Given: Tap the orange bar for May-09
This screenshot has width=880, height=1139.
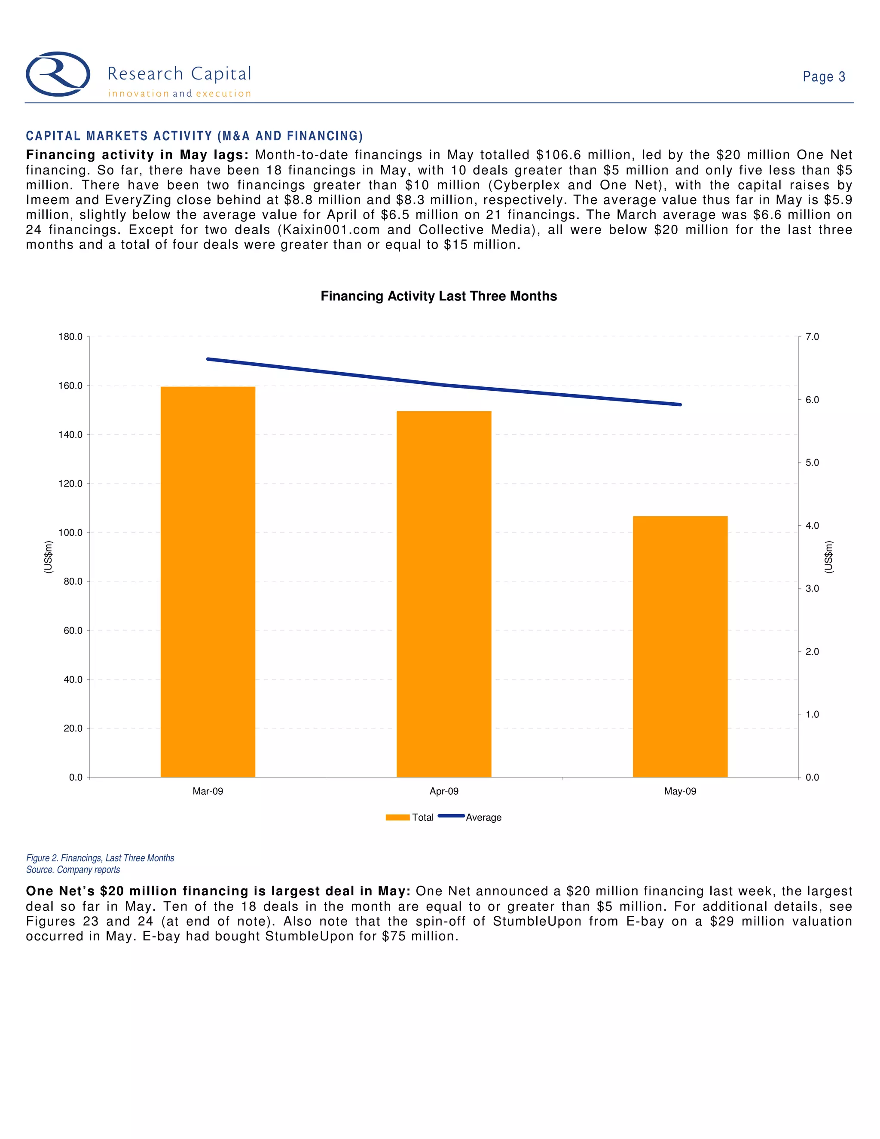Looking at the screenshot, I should pyautogui.click(x=680, y=647).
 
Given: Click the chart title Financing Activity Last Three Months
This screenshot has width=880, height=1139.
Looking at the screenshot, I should pyautogui.click(x=438, y=296).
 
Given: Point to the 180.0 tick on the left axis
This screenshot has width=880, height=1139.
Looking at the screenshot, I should pyautogui.click(x=70, y=337).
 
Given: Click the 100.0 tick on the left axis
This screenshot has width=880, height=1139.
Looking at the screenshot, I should pyautogui.click(x=70, y=533).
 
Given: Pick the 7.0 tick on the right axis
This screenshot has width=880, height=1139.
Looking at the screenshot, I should pyautogui.click(x=812, y=337).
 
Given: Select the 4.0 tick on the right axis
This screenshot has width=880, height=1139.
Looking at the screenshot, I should pyautogui.click(x=812, y=526).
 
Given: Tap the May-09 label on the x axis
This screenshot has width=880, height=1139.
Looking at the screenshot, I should pyautogui.click(x=680, y=791).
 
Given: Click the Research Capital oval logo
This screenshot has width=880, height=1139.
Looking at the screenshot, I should pyautogui.click(x=58, y=74).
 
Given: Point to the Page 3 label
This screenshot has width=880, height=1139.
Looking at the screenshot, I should pyautogui.click(x=824, y=77).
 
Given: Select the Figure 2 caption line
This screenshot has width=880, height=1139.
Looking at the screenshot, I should pyautogui.click(x=100, y=858).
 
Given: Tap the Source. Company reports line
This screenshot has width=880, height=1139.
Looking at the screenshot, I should pyautogui.click(x=73, y=870).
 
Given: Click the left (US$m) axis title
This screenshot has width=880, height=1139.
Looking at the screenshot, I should pyautogui.click(x=48, y=557).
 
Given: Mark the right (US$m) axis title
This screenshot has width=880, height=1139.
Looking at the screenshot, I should pyautogui.click(x=829, y=557).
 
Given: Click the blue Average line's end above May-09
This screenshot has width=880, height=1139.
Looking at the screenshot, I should pyautogui.click(x=680, y=405).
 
